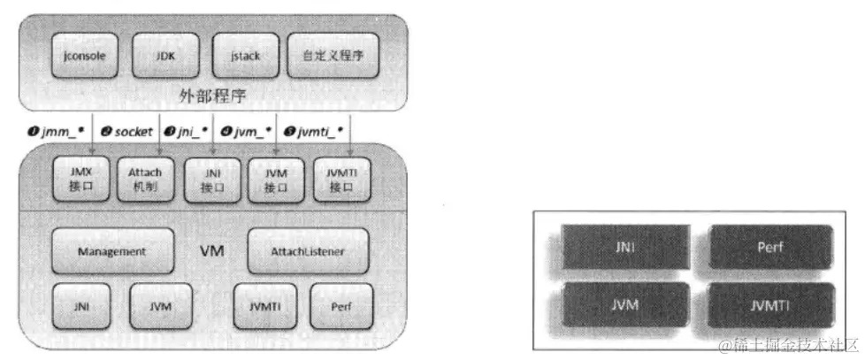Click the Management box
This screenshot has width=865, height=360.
pos(111,251)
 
